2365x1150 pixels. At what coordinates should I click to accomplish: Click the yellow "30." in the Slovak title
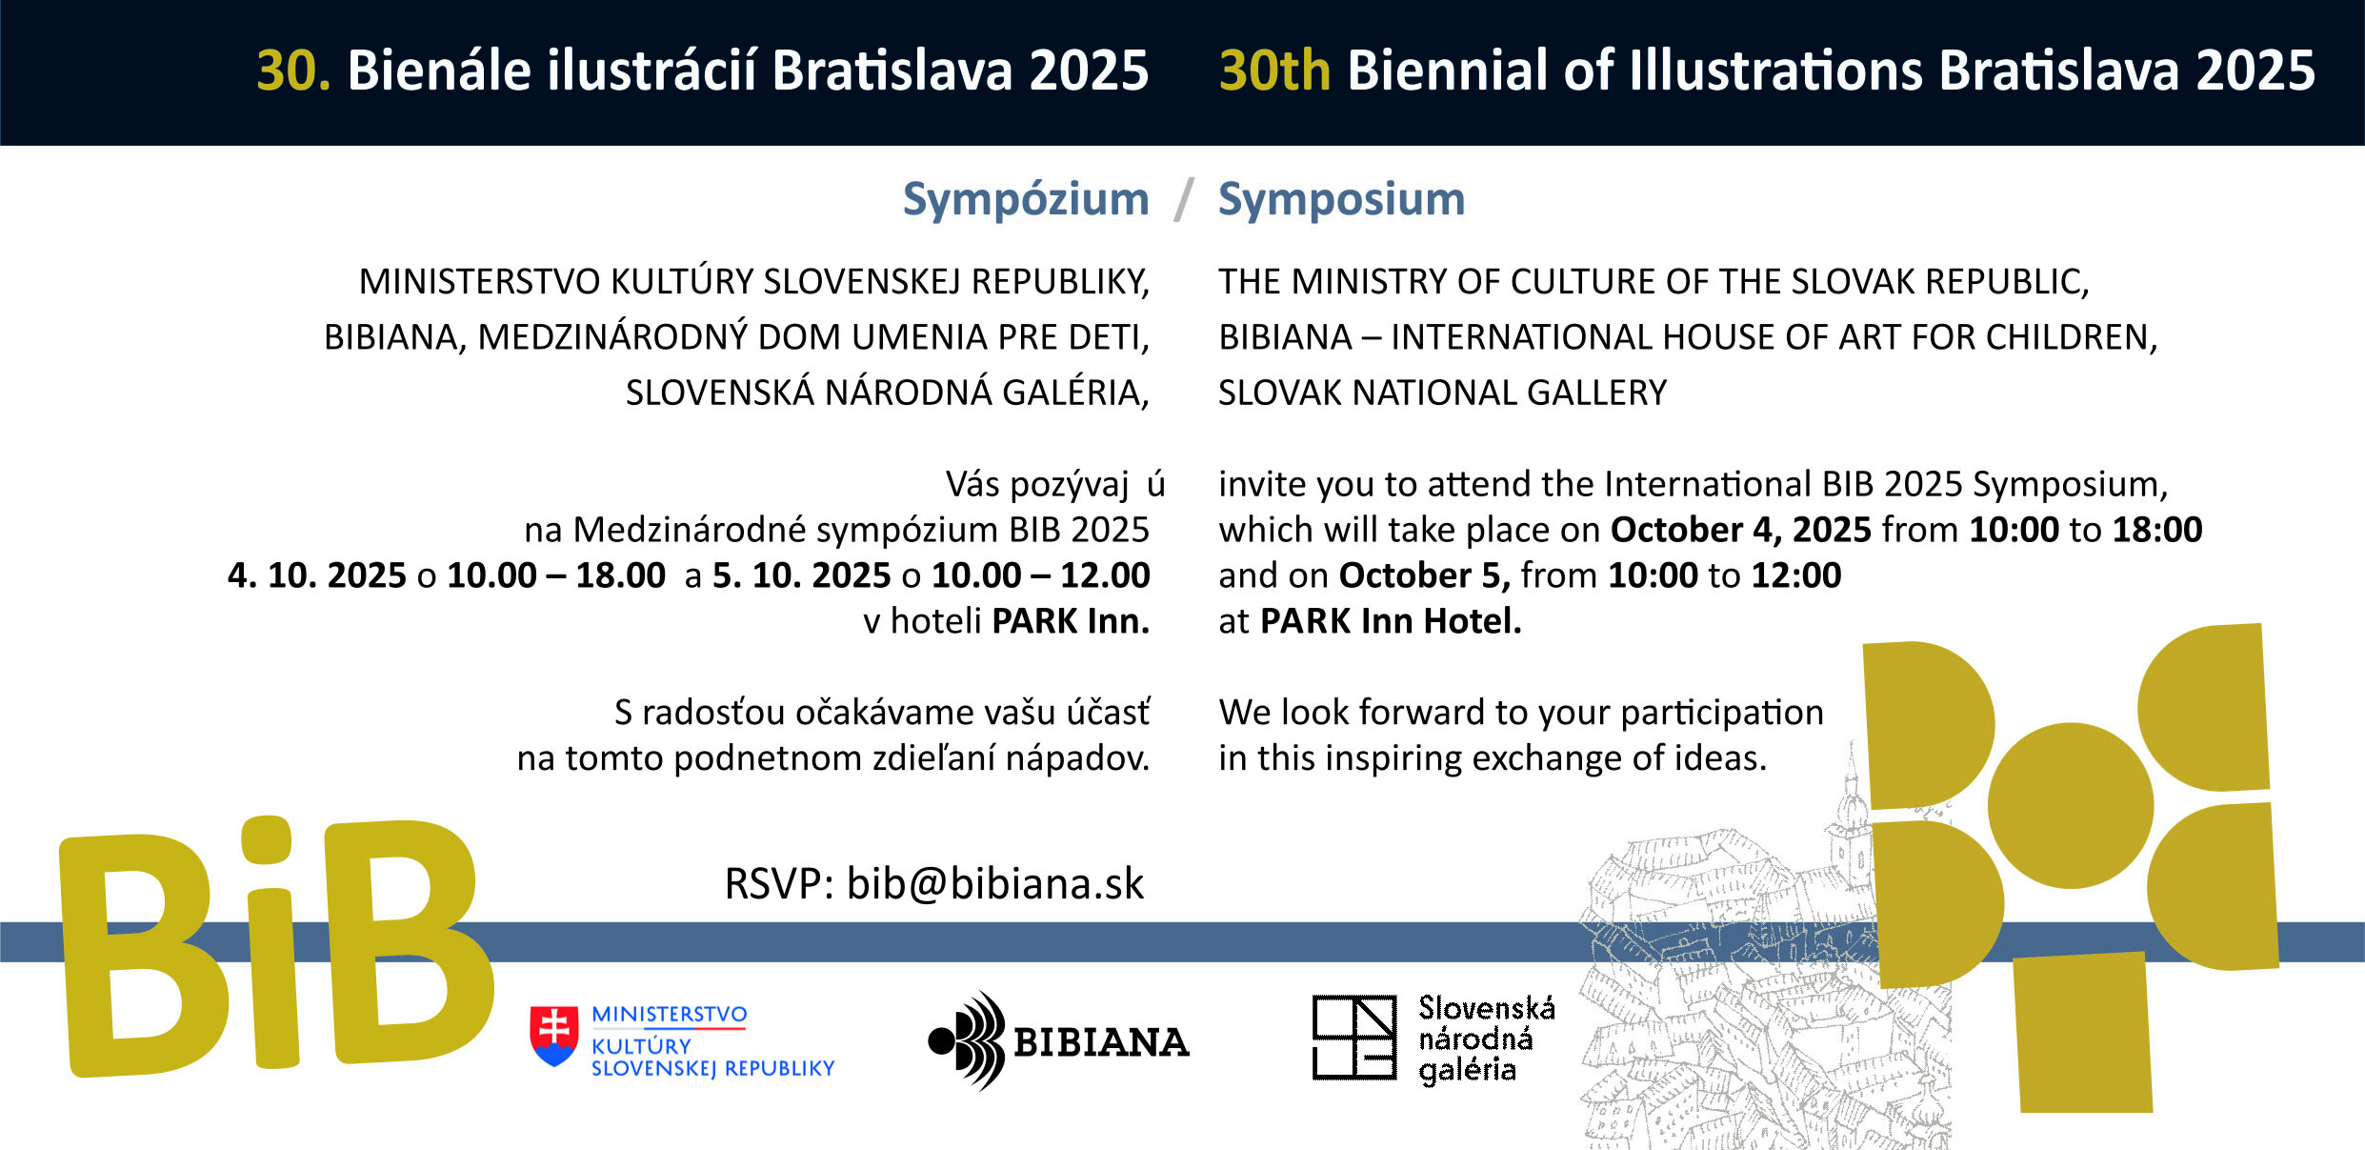coord(293,71)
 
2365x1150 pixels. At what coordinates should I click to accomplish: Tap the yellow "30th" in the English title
coord(1274,71)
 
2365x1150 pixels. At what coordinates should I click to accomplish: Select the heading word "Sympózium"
coord(1026,200)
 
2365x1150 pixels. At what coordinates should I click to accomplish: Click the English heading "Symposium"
coord(1341,200)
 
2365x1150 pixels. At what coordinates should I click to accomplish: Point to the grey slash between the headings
coord(1184,200)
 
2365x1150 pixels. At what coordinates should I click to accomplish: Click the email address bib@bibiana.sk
coord(994,883)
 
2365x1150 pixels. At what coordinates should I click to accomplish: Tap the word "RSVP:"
coord(779,883)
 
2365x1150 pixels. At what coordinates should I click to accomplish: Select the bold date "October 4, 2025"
coord(1740,530)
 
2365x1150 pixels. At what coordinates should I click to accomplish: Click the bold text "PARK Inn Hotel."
coord(1391,621)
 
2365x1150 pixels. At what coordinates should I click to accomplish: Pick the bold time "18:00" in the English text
coord(2157,530)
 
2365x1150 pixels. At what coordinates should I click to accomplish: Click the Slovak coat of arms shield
coord(554,1036)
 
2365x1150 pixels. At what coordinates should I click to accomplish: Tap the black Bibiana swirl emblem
coord(968,1040)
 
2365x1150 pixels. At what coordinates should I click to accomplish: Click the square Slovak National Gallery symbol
coord(1354,1038)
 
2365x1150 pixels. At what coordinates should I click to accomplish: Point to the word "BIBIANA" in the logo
coord(1101,1042)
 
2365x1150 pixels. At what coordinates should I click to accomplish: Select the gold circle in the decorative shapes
coord(2070,805)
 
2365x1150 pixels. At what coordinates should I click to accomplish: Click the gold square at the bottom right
coord(2083,1033)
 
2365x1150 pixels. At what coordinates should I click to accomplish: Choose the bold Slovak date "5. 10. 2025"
coord(801,575)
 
